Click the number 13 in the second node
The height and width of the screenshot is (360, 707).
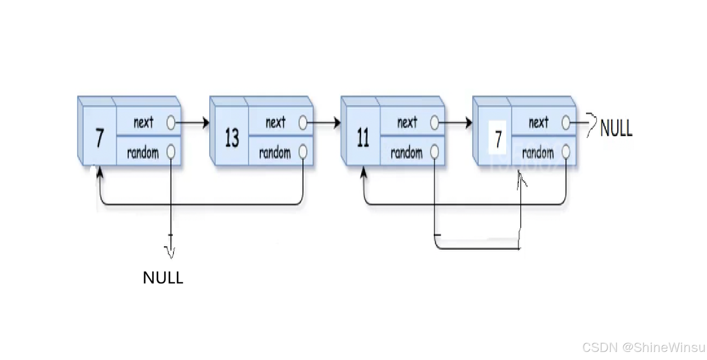tap(232, 138)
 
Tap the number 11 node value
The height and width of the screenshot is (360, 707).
tap(363, 138)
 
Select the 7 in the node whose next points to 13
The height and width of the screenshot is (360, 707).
tap(100, 138)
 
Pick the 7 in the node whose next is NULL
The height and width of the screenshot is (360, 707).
tap(498, 139)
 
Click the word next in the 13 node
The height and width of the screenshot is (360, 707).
tap(275, 123)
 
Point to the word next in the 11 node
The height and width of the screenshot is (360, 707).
tap(407, 123)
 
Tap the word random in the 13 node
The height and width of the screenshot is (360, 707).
tap(274, 152)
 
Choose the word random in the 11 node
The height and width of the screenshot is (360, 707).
tap(406, 152)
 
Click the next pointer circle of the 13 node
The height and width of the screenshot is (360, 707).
tap(303, 123)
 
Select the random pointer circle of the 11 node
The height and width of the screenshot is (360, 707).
tap(435, 152)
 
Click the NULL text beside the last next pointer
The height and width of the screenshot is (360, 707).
tap(616, 128)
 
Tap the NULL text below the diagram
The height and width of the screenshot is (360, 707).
tap(163, 278)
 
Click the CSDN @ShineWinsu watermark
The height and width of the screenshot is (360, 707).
tap(644, 347)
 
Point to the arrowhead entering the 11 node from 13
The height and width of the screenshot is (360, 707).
tap(338, 123)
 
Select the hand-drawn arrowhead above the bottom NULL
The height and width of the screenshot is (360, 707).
tap(170, 252)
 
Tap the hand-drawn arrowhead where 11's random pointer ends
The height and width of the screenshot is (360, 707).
tap(521, 178)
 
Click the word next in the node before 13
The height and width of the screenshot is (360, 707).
tap(143, 123)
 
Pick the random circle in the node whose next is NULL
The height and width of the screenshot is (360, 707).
tap(566, 152)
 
